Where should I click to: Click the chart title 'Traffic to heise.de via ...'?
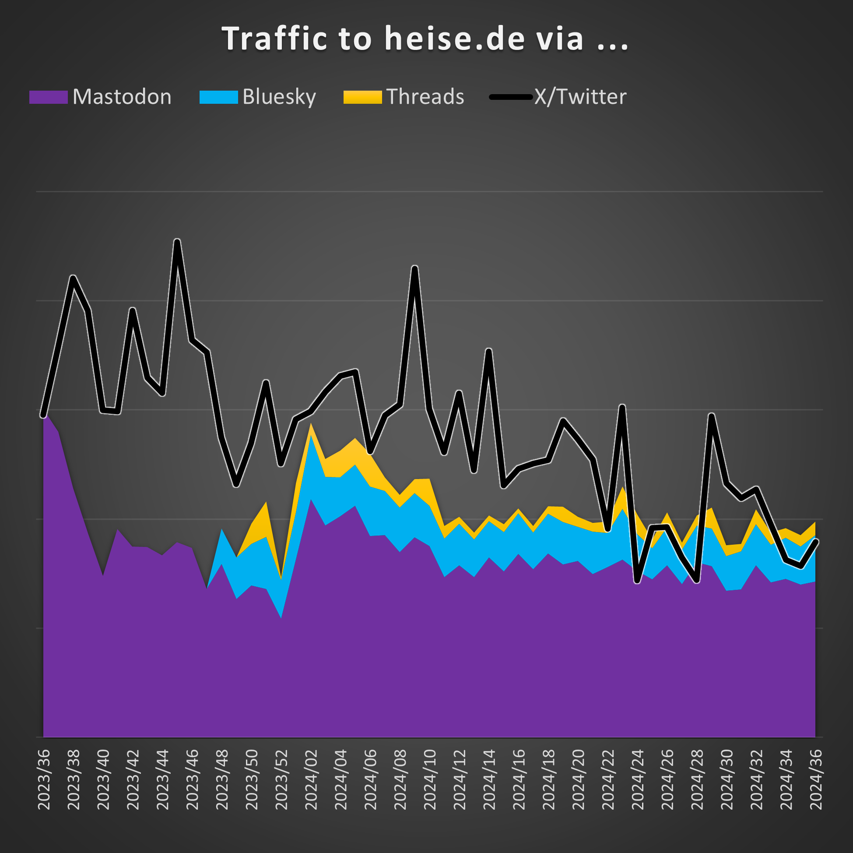425,39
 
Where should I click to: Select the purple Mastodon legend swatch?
48,97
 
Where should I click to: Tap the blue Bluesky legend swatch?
218,97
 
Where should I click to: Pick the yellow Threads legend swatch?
362,97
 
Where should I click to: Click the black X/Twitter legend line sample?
511,97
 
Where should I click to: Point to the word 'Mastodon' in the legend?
122,97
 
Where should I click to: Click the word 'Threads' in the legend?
425,97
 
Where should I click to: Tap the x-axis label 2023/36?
44,779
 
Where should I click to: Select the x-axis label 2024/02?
311,779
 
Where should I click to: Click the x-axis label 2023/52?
282,779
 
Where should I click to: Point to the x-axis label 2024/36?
815,779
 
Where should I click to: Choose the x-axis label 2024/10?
430,779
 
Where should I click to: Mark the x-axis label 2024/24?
638,779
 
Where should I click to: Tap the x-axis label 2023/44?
163,779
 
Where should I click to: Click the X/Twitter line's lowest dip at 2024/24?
637,582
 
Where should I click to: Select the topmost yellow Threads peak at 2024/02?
311,424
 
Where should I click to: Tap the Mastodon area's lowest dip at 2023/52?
281,617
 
